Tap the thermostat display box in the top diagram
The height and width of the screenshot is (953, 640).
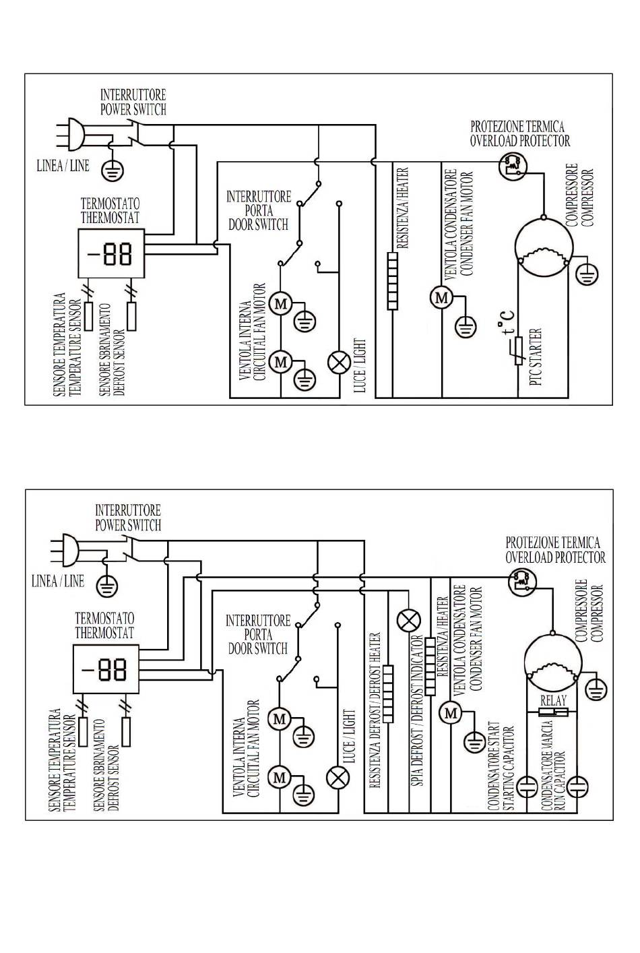pos(111,253)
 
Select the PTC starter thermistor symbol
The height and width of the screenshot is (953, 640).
pos(519,350)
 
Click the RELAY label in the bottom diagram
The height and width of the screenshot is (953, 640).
pos(553,700)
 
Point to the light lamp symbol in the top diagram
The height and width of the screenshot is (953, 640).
pos(340,363)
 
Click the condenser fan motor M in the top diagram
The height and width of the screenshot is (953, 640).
pos(441,297)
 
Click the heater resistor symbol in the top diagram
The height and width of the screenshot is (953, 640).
pos(393,281)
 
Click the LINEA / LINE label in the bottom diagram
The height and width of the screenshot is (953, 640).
pos(58,581)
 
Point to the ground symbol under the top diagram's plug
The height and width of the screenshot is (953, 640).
pos(113,169)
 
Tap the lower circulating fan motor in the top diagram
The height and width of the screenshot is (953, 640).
pos(281,362)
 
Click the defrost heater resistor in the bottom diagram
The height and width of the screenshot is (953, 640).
pos(388,694)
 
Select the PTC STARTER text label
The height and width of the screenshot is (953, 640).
pos(536,357)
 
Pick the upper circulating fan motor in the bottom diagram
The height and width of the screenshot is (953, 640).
pos(280,719)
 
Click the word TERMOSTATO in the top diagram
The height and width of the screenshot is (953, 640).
pos(110,204)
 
